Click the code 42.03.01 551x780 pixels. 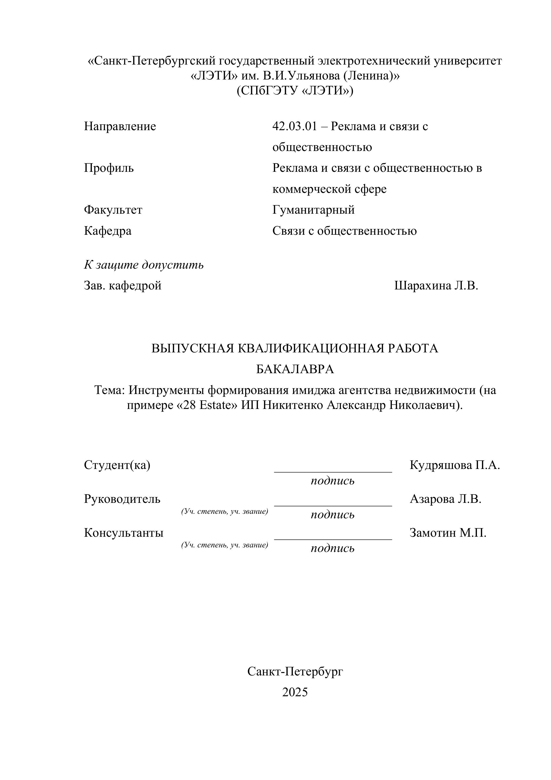[x=294, y=126]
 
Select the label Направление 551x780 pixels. [x=120, y=126]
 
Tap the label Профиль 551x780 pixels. [x=109, y=168]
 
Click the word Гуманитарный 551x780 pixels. [x=313, y=210]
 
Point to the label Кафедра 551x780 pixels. [x=108, y=231]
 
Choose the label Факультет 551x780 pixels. [x=113, y=210]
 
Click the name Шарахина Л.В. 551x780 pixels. [x=436, y=286]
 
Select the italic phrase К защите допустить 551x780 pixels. [x=144, y=265]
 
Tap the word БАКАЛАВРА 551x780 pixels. [x=295, y=369]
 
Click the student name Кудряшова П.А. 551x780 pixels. [x=455, y=465]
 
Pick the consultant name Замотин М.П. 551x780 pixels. [x=448, y=533]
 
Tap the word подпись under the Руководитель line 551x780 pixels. [x=332, y=514]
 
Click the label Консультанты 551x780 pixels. [x=124, y=533]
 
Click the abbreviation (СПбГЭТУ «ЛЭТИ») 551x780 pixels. [x=295, y=91]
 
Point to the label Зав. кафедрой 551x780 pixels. [x=123, y=286]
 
